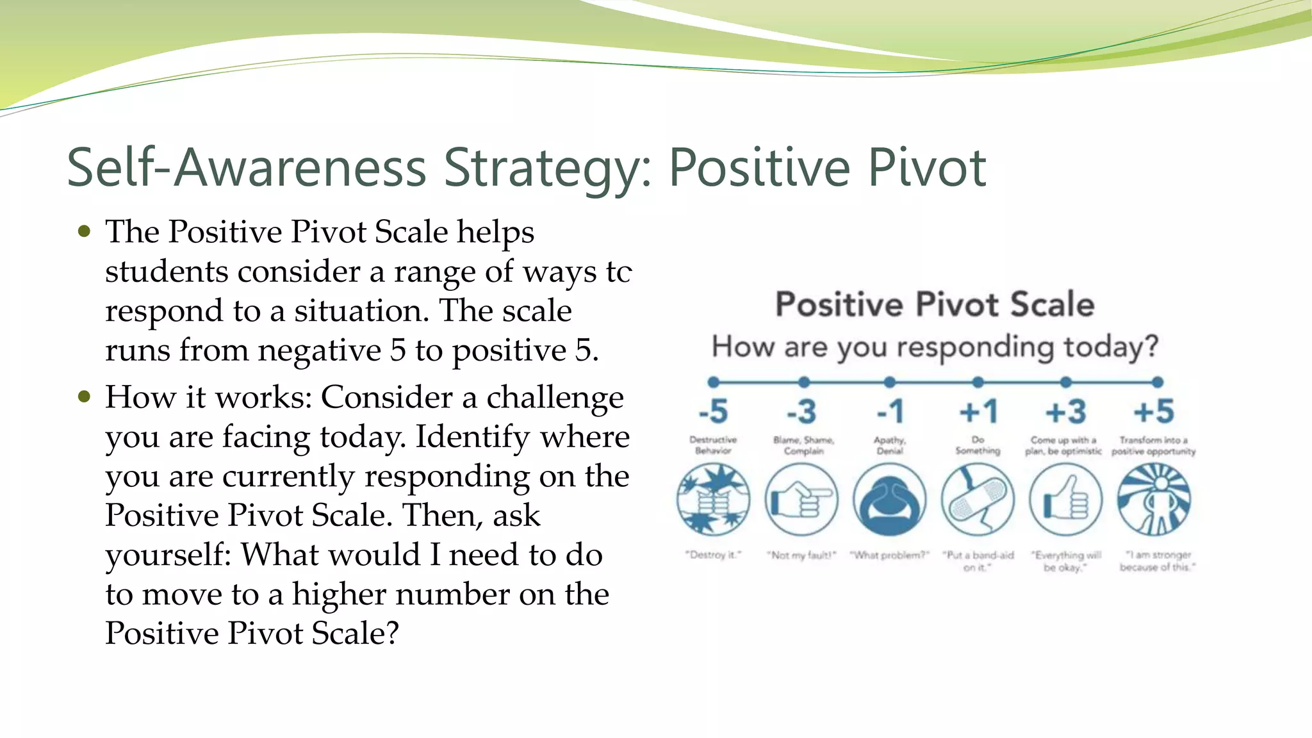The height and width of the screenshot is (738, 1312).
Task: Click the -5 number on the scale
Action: click(x=713, y=411)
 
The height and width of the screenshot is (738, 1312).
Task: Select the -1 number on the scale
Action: click(x=890, y=411)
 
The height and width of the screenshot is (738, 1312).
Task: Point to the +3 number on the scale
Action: click(x=1065, y=411)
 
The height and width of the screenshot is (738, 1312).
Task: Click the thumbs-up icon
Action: click(x=1065, y=500)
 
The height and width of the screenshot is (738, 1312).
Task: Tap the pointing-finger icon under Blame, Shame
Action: click(x=801, y=500)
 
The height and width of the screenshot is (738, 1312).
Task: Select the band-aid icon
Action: click(x=978, y=500)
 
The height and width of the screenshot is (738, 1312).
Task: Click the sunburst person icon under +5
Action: click(x=1154, y=500)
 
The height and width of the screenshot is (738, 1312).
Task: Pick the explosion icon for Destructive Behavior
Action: click(x=713, y=500)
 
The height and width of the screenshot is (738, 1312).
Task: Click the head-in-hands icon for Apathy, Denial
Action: click(x=890, y=500)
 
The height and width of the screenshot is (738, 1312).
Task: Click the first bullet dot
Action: click(x=84, y=231)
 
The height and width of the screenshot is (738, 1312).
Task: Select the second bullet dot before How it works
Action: click(x=84, y=397)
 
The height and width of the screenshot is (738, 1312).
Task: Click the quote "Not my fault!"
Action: click(x=801, y=555)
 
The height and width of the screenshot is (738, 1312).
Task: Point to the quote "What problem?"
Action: click(x=889, y=555)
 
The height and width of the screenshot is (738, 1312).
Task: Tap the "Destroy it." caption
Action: click(x=713, y=555)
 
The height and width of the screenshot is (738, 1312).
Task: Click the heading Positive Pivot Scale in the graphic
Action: click(x=935, y=304)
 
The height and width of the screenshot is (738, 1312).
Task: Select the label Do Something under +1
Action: click(x=978, y=445)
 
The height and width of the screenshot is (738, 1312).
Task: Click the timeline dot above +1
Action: click(x=978, y=382)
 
